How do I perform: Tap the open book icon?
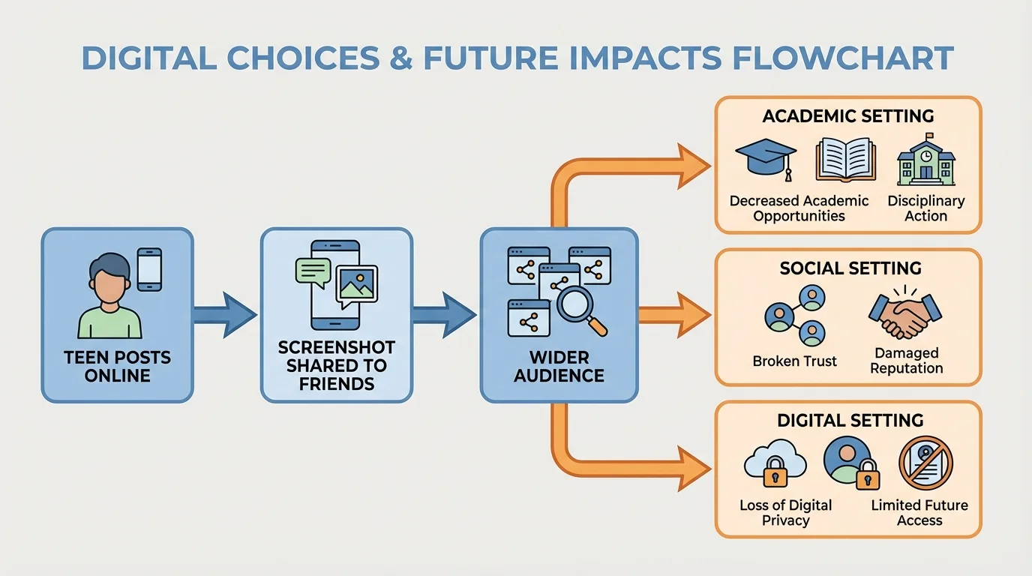click(x=844, y=159)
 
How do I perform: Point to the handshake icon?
click(x=905, y=314)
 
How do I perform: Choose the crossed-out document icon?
click(x=925, y=463)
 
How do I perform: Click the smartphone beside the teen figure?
click(x=149, y=268)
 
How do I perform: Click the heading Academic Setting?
click(x=848, y=116)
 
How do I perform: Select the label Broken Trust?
click(x=794, y=361)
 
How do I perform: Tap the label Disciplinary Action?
click(x=925, y=208)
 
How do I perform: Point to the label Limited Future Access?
click(x=919, y=513)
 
